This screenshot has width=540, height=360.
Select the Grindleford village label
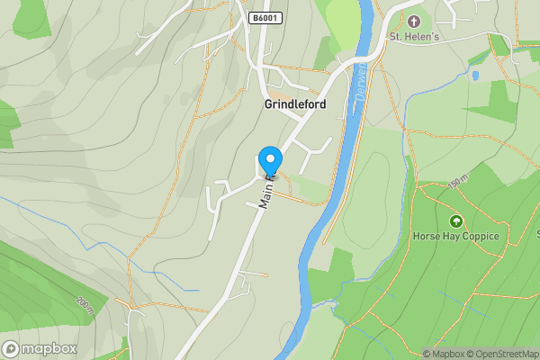tap(295, 104)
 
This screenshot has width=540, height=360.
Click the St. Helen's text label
tap(413, 37)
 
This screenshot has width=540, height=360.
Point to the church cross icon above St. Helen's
tap(414, 21)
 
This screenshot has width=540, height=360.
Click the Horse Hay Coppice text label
tap(454, 237)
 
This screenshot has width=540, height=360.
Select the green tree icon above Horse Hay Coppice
tap(455, 220)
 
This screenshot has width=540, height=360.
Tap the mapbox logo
tap(40, 348)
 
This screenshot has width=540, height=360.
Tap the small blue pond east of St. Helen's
tap(474, 76)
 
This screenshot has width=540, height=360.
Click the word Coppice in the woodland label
tap(479, 237)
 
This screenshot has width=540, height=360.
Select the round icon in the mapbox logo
tap(11, 348)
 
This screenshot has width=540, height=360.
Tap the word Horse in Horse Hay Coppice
tap(427, 237)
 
